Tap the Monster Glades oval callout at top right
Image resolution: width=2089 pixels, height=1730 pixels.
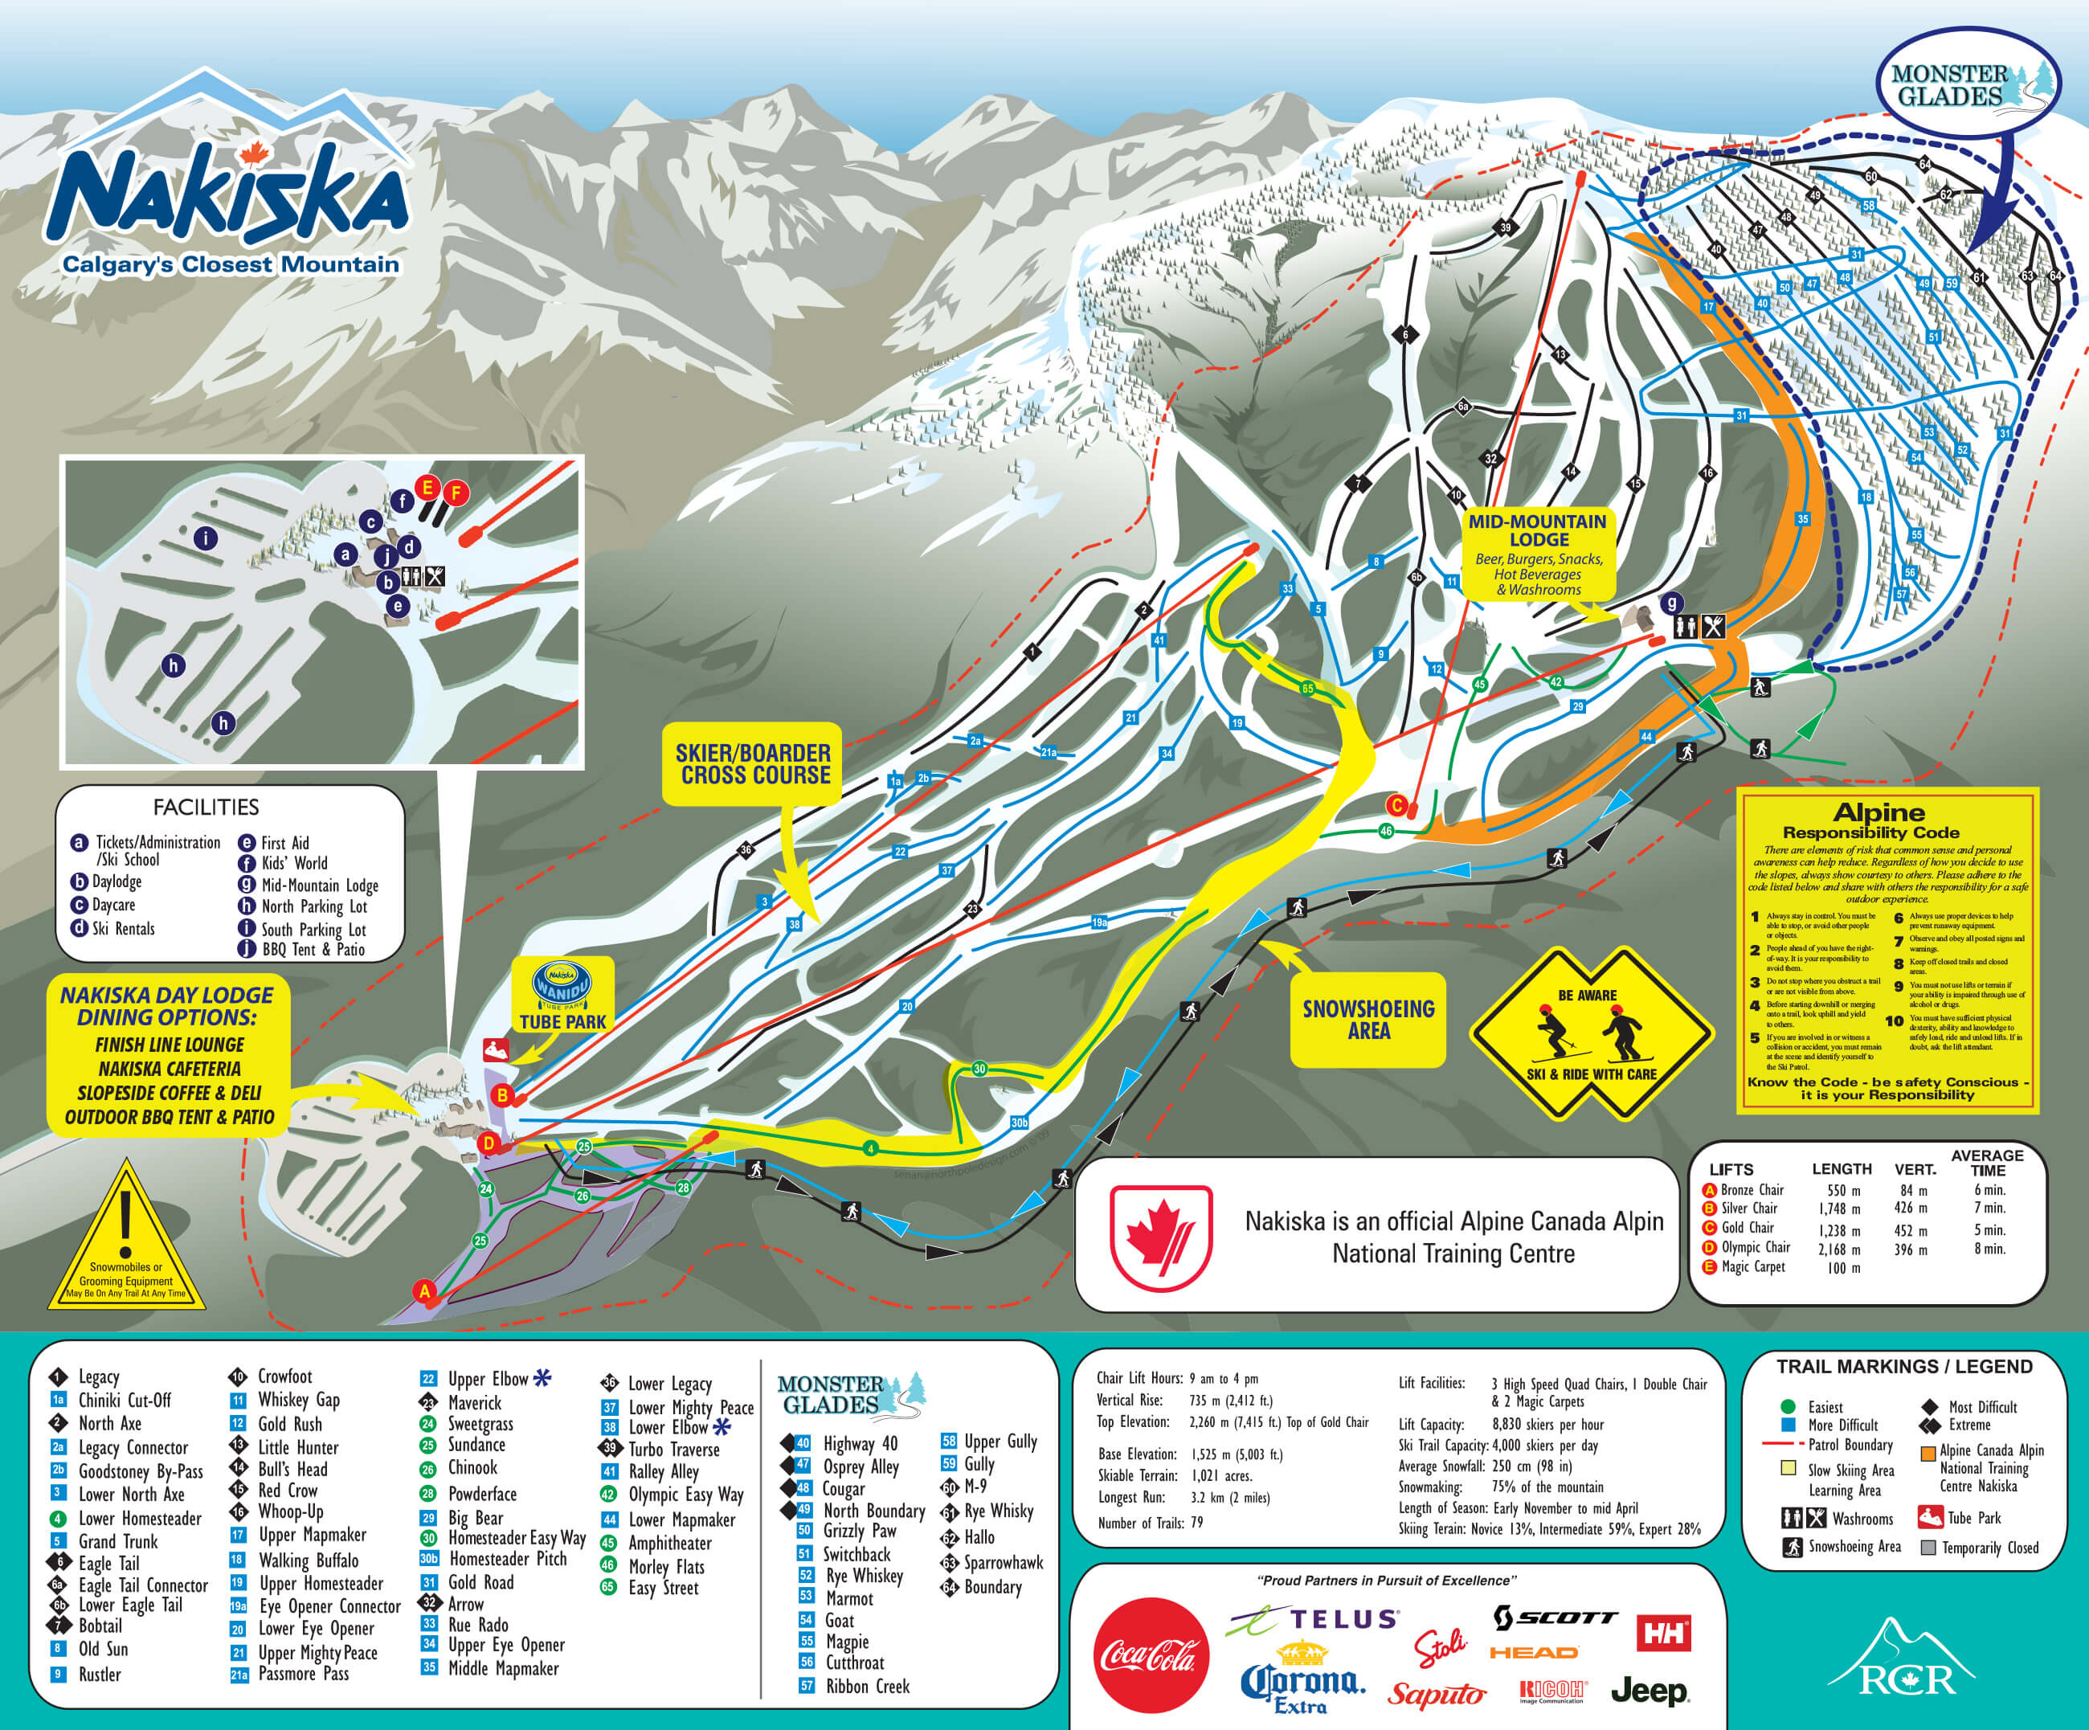[x=1967, y=85]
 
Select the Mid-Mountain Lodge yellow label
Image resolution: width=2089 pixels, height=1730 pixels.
[x=1537, y=555]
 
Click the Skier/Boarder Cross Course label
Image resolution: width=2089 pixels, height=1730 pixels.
[x=754, y=764]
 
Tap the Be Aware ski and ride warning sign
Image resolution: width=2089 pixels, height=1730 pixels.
[x=1591, y=1035]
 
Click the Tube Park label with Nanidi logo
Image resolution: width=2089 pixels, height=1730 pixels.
[x=562, y=995]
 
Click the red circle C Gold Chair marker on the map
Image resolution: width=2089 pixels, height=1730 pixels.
[x=1396, y=806]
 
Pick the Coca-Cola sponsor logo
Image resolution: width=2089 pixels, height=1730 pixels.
[x=1150, y=1655]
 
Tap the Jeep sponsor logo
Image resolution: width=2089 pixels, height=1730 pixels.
[x=1650, y=1690]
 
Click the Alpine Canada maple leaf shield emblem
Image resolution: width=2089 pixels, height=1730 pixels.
[x=1160, y=1237]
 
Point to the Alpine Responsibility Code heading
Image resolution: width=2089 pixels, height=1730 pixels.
[x=1878, y=820]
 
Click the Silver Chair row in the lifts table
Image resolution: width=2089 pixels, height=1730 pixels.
[x=1751, y=1208]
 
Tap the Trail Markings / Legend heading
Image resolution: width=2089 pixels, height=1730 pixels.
[x=1904, y=1366]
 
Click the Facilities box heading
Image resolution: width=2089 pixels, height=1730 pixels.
[x=206, y=807]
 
